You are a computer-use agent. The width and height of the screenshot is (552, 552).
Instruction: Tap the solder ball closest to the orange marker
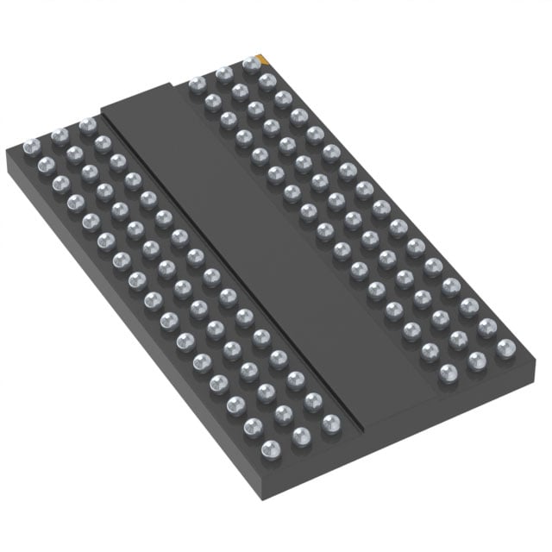click(251, 63)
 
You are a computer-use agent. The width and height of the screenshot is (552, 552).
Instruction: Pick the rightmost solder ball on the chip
click(506, 348)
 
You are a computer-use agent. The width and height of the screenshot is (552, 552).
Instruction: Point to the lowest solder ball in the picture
click(269, 448)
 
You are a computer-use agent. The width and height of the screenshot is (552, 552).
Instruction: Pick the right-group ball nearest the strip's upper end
click(197, 85)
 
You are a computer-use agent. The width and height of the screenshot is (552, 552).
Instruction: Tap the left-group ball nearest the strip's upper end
click(87, 126)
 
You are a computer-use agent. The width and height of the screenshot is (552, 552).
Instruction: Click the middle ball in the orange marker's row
click(224, 74)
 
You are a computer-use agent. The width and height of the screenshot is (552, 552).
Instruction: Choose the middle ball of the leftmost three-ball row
click(60, 135)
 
